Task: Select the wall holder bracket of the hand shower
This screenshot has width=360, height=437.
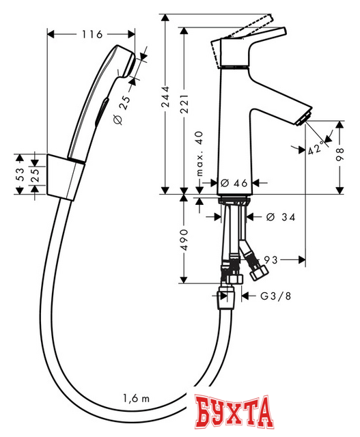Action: click(65, 175)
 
